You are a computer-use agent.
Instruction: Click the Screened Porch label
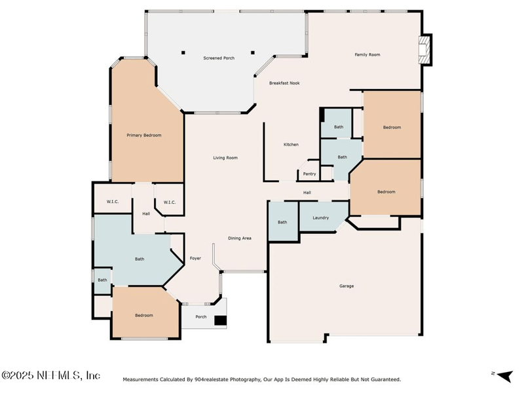tap(218, 58)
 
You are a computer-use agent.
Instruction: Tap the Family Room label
tap(367, 54)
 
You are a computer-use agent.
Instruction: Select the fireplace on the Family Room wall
tap(426, 50)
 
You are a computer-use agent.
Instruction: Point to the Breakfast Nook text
tap(284, 83)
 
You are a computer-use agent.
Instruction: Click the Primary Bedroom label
tap(143, 135)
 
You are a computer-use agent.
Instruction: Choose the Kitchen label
tap(291, 144)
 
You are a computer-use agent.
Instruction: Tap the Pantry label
tap(310, 174)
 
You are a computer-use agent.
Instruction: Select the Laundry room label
tap(320, 217)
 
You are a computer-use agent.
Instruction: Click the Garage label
tap(346, 286)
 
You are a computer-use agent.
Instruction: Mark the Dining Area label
tap(239, 238)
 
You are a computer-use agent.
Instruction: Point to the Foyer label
tap(195, 258)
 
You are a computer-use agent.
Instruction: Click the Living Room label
tap(225, 157)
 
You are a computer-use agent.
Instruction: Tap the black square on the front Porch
tap(221, 321)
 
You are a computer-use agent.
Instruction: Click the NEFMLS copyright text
tap(51, 375)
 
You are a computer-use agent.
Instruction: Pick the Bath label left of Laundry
tap(282, 222)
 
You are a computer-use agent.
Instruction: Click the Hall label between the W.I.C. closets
tap(146, 214)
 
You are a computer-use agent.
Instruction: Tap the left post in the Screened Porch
tap(184, 52)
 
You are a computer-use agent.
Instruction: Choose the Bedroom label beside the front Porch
tap(144, 315)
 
